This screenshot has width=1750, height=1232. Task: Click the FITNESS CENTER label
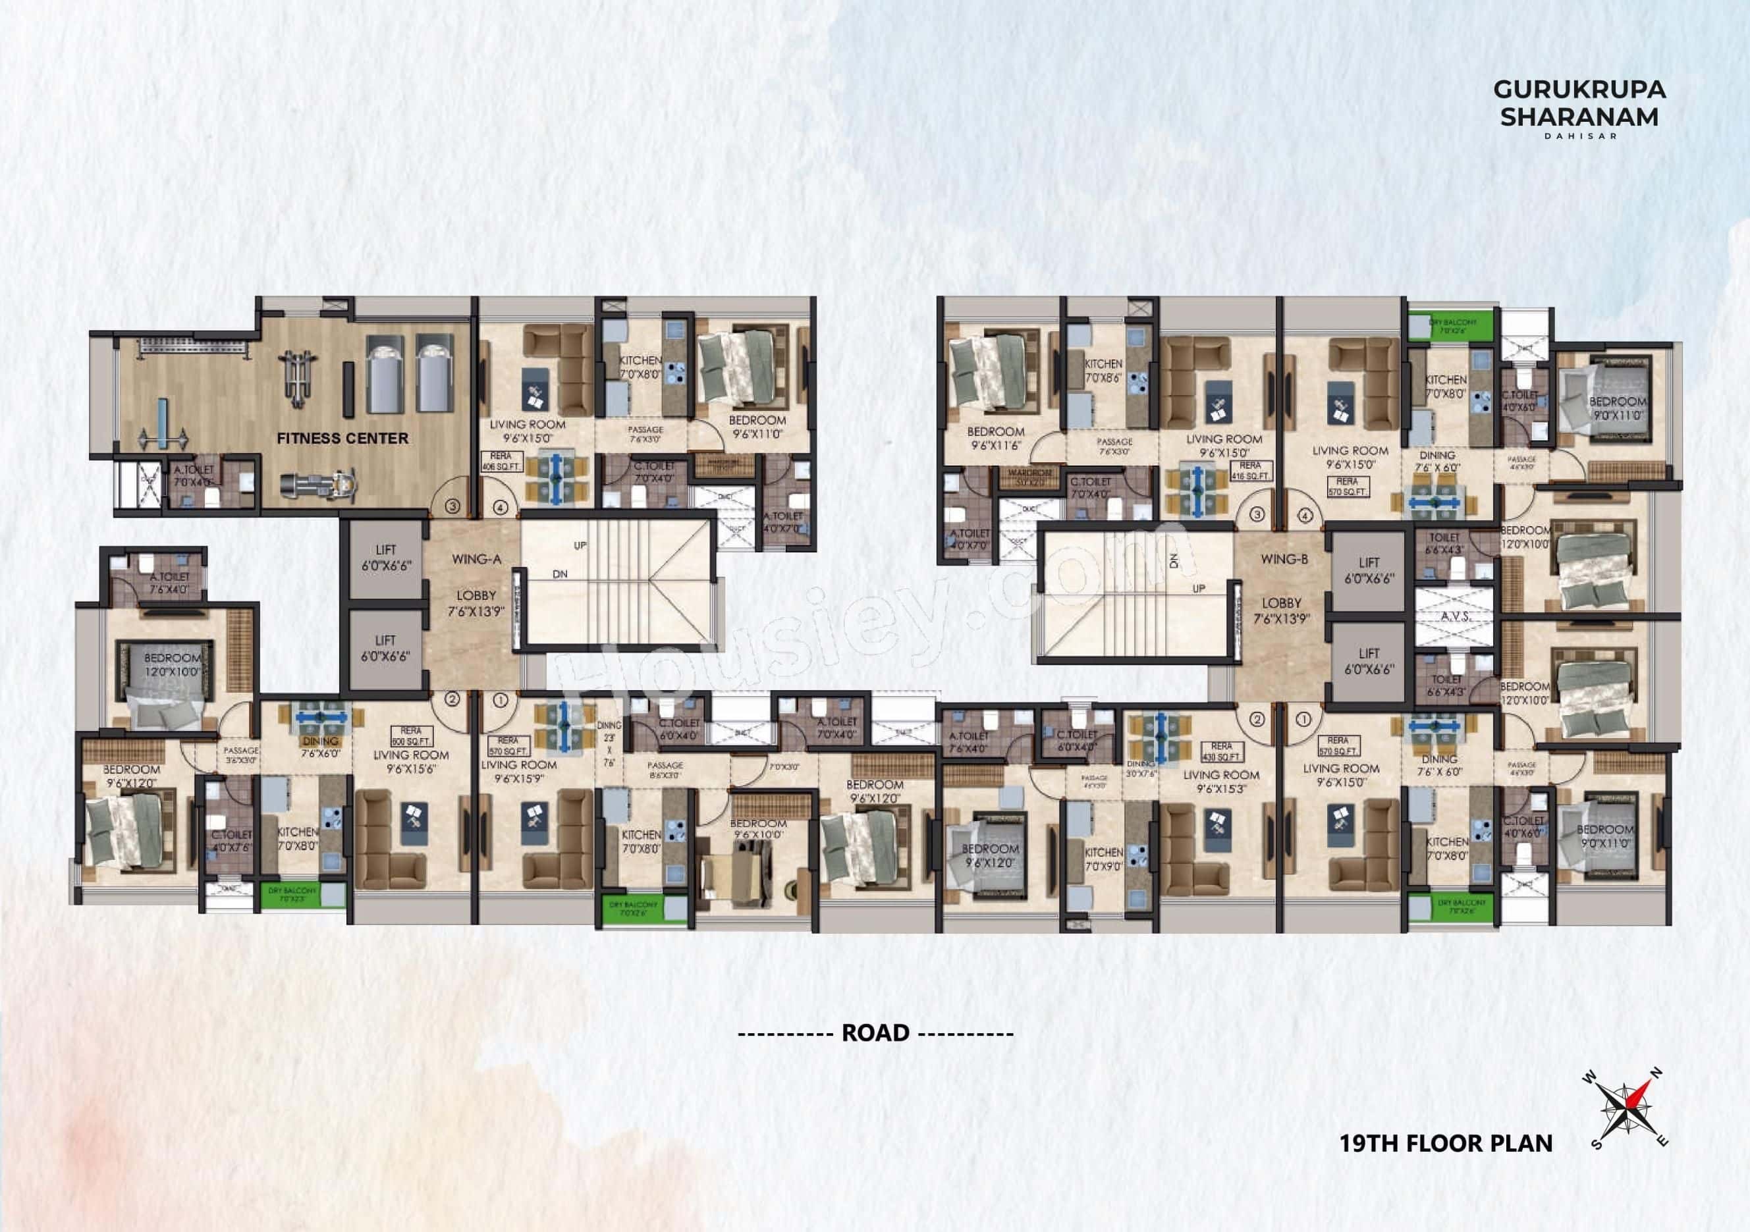[x=342, y=438]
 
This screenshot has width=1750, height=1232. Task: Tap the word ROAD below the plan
[x=875, y=1033]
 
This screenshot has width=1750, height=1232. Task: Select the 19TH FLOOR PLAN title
[x=1446, y=1144]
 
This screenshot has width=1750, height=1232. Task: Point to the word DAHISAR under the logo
[x=1579, y=136]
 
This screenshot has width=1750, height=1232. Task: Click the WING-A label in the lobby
[x=476, y=559]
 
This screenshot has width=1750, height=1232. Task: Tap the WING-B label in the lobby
[x=1284, y=559]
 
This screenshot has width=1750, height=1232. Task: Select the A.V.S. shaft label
[x=1456, y=617]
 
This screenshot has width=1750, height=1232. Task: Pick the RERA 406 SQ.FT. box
[x=501, y=462]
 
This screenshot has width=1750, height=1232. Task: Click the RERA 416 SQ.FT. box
[x=1250, y=470]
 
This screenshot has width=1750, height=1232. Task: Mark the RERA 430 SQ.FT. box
[x=1221, y=751]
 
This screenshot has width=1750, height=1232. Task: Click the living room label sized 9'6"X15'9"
[x=518, y=772]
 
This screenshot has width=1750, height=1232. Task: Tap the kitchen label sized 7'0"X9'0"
[x=1103, y=859]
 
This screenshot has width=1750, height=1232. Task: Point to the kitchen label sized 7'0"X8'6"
[x=1103, y=370]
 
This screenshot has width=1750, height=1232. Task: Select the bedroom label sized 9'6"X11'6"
[x=995, y=438]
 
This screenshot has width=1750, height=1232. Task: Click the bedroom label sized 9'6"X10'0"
[x=757, y=829]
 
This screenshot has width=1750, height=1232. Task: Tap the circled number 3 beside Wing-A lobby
[x=452, y=506]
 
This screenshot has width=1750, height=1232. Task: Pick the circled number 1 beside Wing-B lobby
[x=1303, y=718]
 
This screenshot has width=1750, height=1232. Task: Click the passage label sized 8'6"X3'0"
[x=665, y=770]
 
